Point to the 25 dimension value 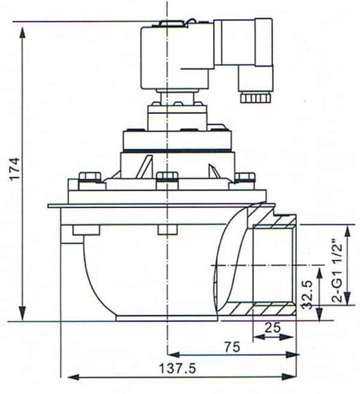274,327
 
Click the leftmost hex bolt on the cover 89,178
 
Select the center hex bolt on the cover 167,178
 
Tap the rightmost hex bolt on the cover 245,178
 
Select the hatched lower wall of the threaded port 264,309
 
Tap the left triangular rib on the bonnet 144,167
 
